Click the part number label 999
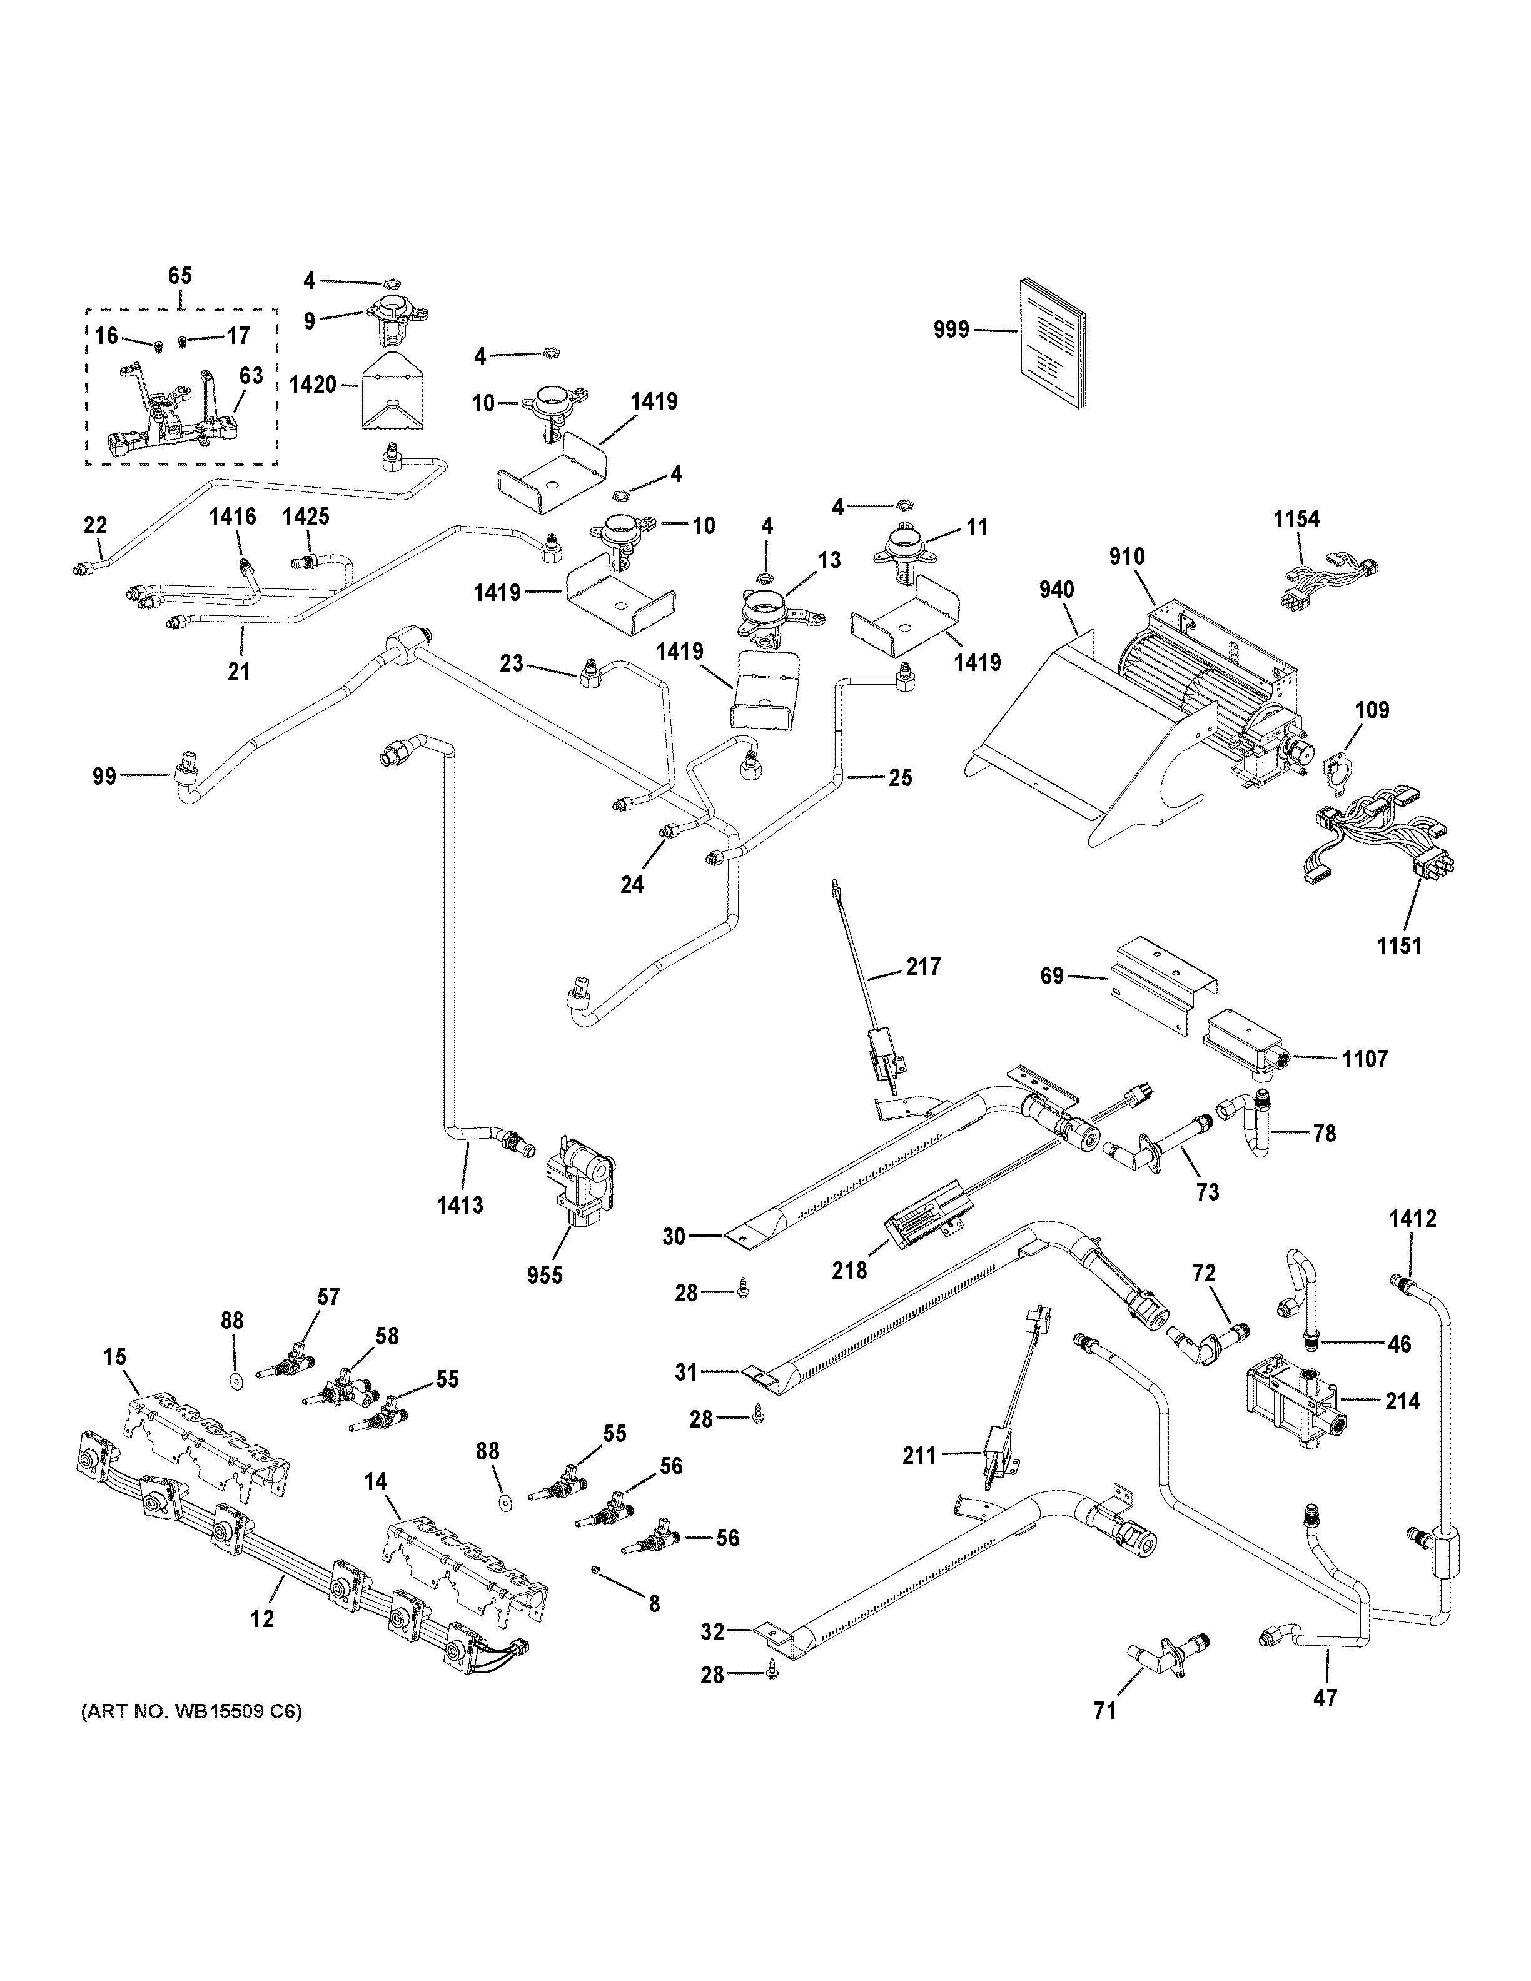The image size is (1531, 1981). click(x=951, y=330)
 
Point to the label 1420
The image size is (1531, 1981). click(x=312, y=385)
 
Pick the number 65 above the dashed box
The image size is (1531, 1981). click(x=181, y=276)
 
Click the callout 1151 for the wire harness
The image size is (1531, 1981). click(x=1398, y=946)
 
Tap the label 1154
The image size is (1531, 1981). click(x=1296, y=519)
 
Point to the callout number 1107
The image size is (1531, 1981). click(x=1365, y=1059)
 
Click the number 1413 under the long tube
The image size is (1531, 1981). click(x=460, y=1206)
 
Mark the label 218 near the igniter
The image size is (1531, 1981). click(x=850, y=1271)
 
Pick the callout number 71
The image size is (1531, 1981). click(x=1104, y=1711)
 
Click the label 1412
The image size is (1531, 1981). click(x=1412, y=1219)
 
